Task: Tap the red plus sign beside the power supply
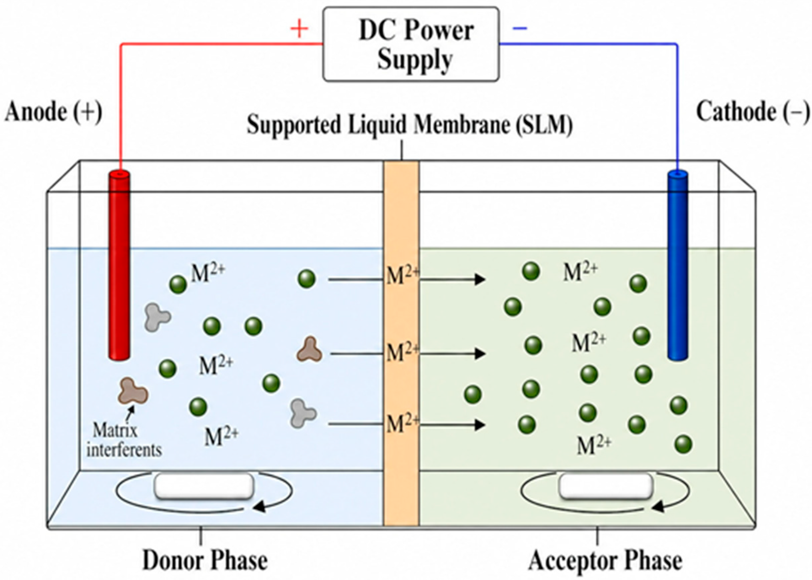[299, 29]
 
